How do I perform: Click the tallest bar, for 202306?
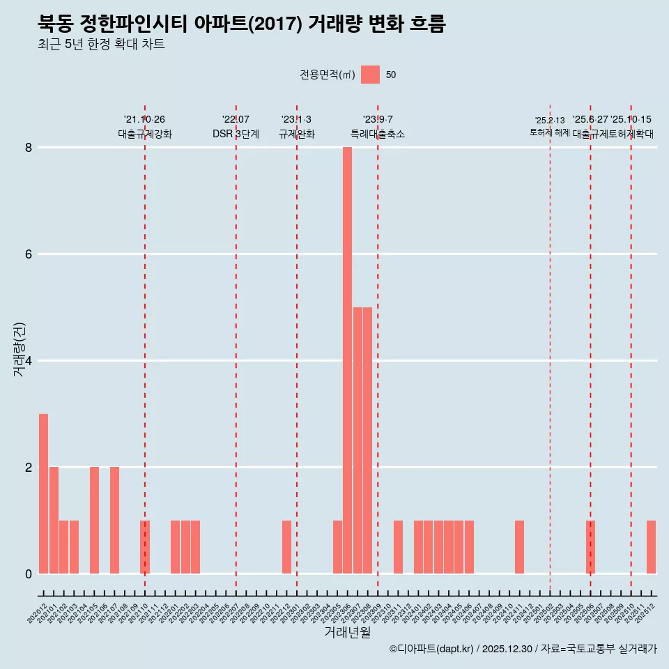[x=347, y=360]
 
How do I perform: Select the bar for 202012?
[x=43, y=493]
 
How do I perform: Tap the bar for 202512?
[x=651, y=547]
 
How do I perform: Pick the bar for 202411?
[x=519, y=547]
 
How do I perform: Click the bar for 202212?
[x=286, y=547]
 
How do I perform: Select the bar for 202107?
[x=114, y=520]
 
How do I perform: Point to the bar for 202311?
[x=398, y=547]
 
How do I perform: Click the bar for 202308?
[x=367, y=440]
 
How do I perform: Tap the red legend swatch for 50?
[x=370, y=75]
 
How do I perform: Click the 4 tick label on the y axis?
[x=29, y=360]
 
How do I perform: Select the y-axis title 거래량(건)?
[x=20, y=349]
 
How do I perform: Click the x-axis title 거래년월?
[x=347, y=633]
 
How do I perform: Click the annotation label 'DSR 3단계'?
[x=236, y=134]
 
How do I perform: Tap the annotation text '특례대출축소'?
[x=377, y=134]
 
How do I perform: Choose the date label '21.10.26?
[x=144, y=119]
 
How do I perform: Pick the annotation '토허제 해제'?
[x=549, y=132]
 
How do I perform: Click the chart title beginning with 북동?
[x=241, y=24]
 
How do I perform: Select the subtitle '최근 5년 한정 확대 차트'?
[x=101, y=45]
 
